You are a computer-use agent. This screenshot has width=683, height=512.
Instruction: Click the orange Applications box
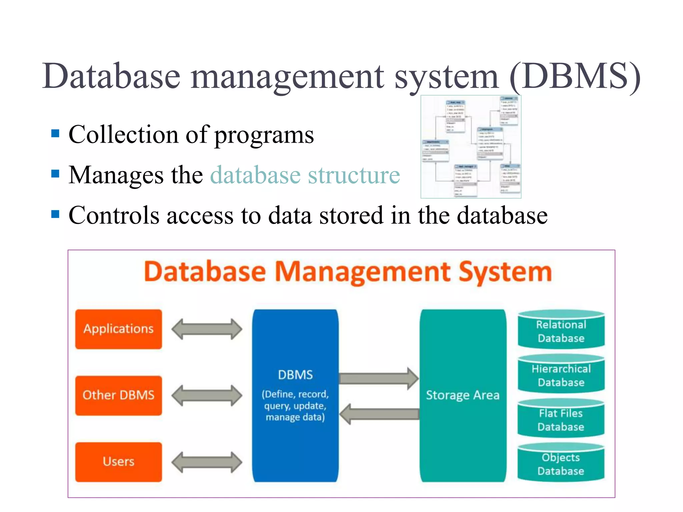click(118, 329)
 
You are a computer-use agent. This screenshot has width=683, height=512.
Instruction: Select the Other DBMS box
click(118, 395)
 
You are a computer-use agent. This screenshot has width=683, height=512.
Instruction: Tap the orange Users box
click(118, 462)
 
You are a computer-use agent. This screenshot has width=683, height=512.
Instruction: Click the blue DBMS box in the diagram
click(295, 395)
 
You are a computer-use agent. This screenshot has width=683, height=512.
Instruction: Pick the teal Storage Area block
click(463, 395)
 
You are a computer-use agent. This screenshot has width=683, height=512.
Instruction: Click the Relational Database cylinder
click(561, 331)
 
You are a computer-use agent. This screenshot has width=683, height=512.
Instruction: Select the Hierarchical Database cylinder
click(561, 375)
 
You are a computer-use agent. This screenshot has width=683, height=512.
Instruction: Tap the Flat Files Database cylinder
click(561, 420)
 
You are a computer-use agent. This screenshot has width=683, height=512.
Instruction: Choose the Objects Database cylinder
click(561, 464)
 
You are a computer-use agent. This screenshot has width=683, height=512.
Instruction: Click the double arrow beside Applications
click(207, 329)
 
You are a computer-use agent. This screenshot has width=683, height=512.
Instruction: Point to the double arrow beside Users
click(207, 462)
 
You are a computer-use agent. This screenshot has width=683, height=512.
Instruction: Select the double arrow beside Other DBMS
click(207, 395)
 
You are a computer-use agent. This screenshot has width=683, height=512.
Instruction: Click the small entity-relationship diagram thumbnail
click(471, 147)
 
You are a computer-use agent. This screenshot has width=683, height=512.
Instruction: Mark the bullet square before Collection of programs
click(55, 134)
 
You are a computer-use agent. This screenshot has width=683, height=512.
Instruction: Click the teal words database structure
click(305, 175)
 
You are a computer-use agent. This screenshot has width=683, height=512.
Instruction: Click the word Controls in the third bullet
click(114, 215)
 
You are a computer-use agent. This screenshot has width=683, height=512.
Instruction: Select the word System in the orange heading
click(505, 272)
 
